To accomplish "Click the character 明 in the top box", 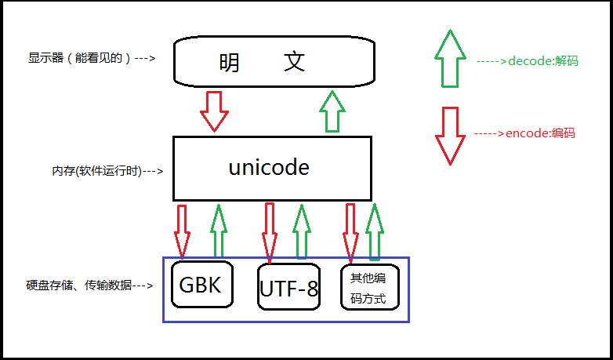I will [x=230, y=62].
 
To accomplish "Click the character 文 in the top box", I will [x=294, y=62].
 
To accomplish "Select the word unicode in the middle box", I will [x=268, y=167].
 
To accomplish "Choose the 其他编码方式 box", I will [x=368, y=288].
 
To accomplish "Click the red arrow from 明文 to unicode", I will [x=214, y=111].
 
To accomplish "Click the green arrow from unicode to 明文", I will [x=334, y=111].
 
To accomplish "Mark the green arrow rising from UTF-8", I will [x=302, y=231].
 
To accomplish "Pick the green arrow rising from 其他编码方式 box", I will [x=375, y=231].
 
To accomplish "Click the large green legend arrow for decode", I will [x=450, y=58].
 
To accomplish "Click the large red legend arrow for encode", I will [x=450, y=136].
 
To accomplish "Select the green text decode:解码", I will [x=527, y=60].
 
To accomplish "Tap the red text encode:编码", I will [x=524, y=133].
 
